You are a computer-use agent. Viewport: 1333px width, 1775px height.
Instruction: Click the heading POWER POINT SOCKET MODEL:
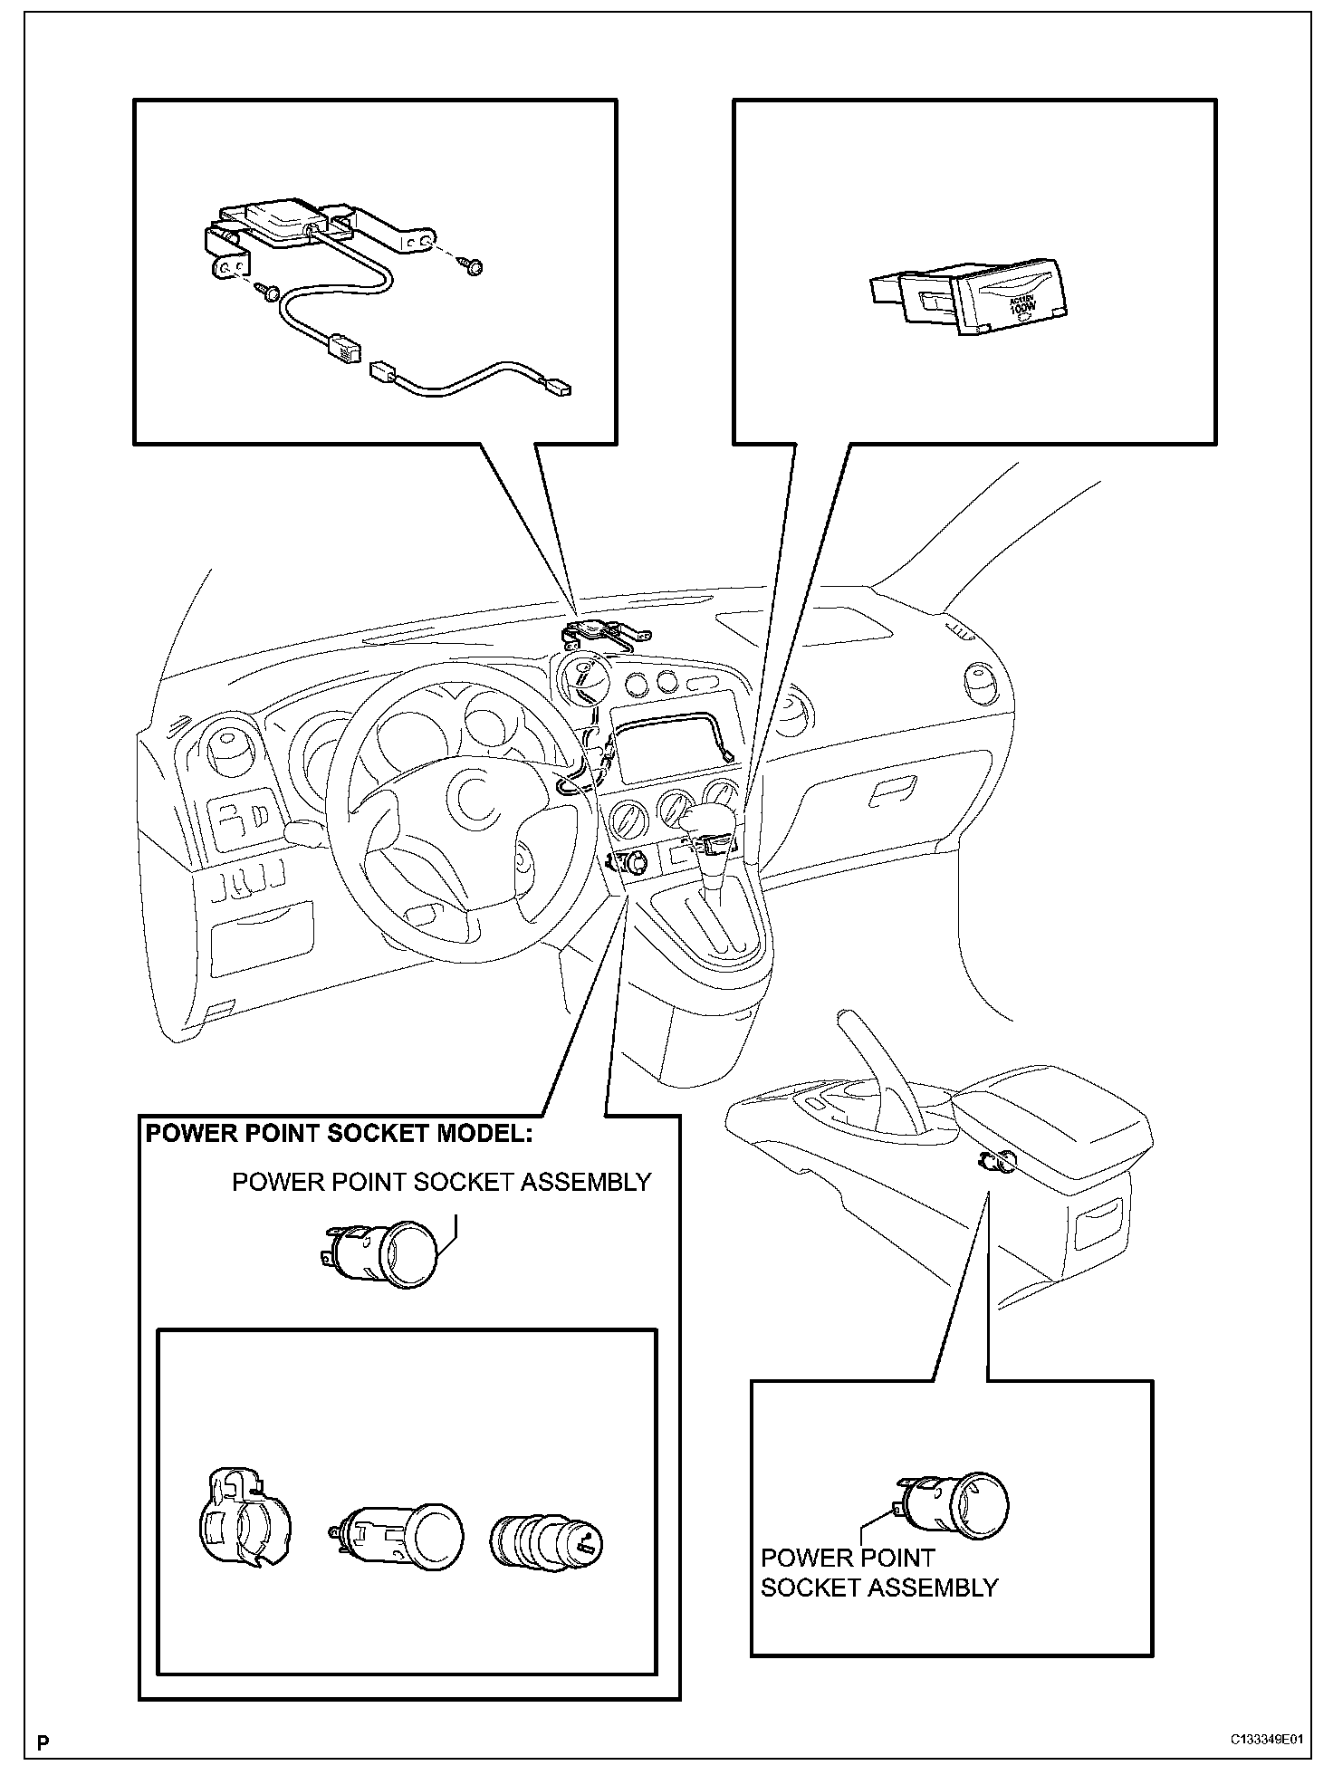pos(339,1134)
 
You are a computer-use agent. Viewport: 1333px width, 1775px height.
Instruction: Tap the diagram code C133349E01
pos(1266,1741)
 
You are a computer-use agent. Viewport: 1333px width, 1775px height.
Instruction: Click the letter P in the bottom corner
pos(42,1741)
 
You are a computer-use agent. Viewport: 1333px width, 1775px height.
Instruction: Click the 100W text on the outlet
pos(1026,308)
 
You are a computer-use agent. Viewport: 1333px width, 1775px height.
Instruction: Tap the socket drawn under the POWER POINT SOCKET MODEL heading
pos(384,1254)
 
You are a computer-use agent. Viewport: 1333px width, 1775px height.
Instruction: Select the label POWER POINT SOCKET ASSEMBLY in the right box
pos(877,1573)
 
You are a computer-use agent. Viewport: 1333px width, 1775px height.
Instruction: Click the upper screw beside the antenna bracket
pos(474,266)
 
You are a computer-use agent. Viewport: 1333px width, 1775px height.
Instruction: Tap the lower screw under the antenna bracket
pos(264,290)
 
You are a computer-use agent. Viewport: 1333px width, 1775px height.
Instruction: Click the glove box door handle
pos(893,792)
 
